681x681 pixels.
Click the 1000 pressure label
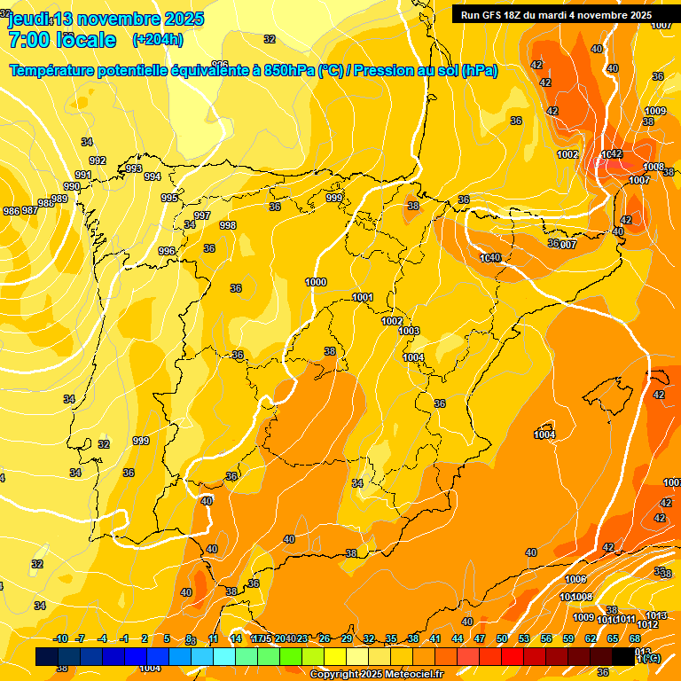(x=316, y=282)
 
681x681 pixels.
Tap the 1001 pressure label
(x=363, y=297)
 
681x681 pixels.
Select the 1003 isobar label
(x=409, y=331)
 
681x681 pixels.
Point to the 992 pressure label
(x=98, y=160)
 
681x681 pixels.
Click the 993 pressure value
(x=134, y=168)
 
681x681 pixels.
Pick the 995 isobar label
(x=169, y=198)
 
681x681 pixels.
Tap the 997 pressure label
(x=202, y=215)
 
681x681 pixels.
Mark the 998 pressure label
(x=228, y=225)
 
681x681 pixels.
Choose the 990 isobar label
(x=72, y=186)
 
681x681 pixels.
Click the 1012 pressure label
(x=648, y=624)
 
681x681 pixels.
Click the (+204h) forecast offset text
(x=158, y=39)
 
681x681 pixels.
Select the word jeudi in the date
(x=28, y=19)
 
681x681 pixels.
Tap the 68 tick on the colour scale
(x=635, y=638)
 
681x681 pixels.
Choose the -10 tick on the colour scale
(x=61, y=638)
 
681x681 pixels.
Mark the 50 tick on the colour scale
(x=502, y=638)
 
